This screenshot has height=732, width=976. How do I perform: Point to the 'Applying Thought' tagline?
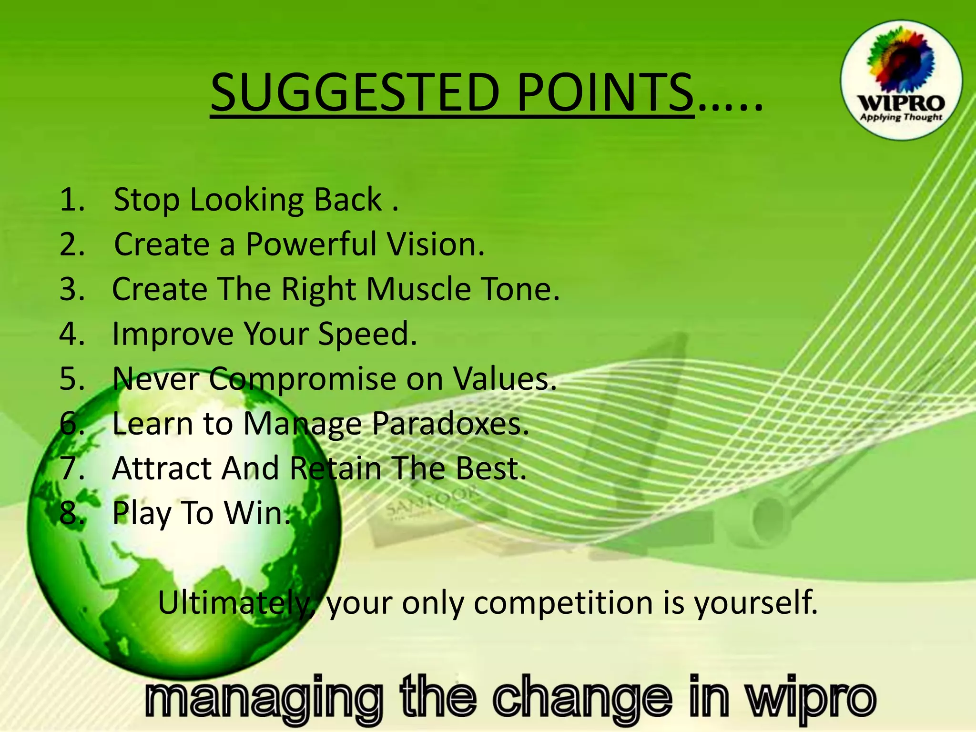coord(901,117)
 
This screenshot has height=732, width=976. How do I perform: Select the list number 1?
coord(71,200)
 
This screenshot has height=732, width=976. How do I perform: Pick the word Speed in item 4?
coord(367,334)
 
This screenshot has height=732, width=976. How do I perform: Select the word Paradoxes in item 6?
coord(450,424)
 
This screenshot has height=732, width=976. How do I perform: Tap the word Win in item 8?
coord(257,513)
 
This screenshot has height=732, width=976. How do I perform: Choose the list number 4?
coord(71,334)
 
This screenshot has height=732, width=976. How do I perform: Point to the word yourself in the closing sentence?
coord(755,603)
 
